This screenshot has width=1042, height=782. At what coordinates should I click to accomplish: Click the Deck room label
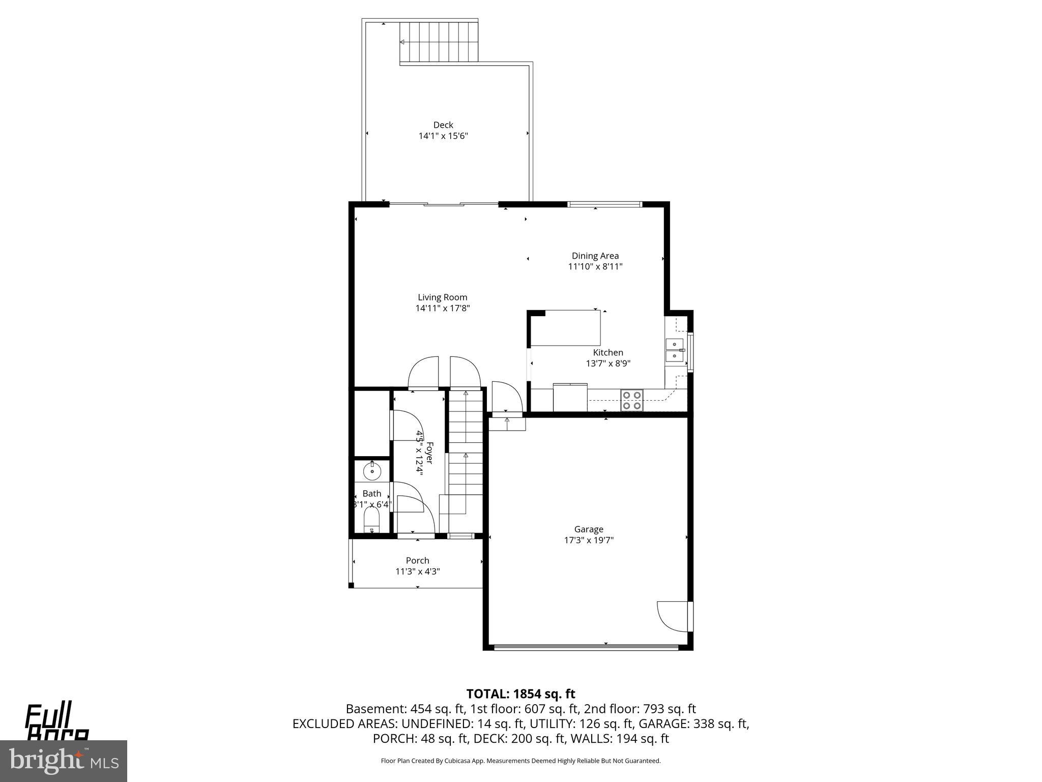click(443, 125)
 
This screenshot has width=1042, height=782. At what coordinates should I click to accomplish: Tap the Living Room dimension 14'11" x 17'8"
click(442, 308)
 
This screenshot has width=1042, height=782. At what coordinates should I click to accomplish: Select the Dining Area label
click(595, 256)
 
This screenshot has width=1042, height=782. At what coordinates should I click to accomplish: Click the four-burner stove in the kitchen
click(631, 400)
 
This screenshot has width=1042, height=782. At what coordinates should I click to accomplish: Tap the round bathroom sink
click(372, 471)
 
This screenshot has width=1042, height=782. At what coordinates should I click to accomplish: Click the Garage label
click(589, 529)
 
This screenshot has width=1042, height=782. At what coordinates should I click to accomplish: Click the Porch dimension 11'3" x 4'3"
click(417, 571)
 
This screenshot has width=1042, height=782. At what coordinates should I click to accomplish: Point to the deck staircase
click(439, 42)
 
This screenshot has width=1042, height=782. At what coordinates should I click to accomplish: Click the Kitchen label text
click(608, 352)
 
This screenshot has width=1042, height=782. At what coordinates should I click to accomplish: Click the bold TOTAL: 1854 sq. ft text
click(520, 694)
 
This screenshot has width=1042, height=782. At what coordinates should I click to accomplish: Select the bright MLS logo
click(64, 761)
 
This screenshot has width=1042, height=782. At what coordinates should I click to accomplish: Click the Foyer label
click(429, 453)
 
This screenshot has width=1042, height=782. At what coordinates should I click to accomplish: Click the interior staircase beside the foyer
click(465, 448)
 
